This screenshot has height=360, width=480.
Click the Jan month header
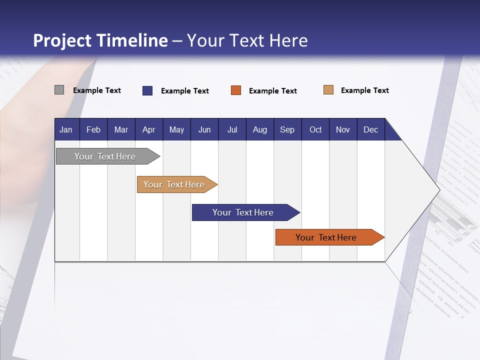click(x=66, y=129)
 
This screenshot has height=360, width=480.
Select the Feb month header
click(x=93, y=129)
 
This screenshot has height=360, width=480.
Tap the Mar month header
click(x=121, y=129)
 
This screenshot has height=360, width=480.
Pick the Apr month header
click(x=149, y=129)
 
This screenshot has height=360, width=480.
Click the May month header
click(x=176, y=129)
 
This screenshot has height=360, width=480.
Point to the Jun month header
click(x=204, y=129)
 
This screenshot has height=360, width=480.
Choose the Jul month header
click(x=232, y=129)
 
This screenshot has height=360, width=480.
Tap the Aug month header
click(x=260, y=129)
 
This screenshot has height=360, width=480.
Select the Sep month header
click(x=287, y=129)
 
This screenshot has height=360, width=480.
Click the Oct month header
click(x=315, y=129)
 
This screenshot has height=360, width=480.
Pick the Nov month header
click(x=343, y=129)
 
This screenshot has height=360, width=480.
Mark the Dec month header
click(x=371, y=129)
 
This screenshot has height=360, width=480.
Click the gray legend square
click(x=59, y=90)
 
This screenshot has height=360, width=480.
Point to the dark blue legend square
click(x=147, y=90)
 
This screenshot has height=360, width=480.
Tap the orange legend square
click(x=236, y=90)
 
